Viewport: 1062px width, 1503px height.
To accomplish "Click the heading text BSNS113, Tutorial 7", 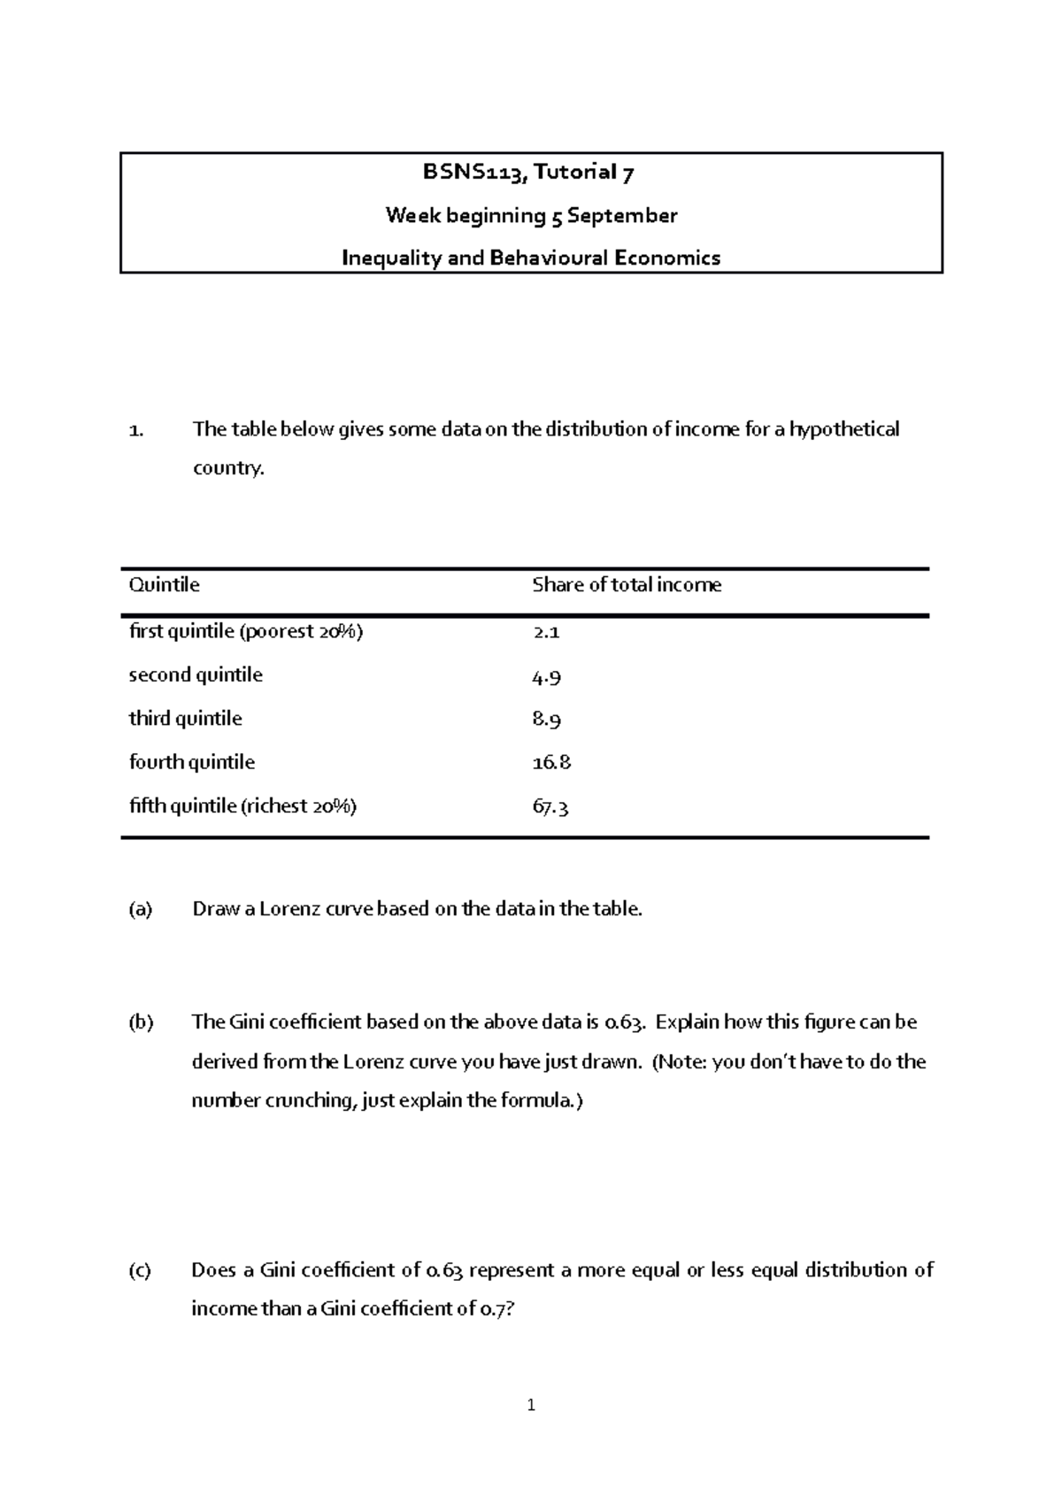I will pos(528,173).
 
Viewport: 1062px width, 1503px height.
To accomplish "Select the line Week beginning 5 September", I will pos(531,215).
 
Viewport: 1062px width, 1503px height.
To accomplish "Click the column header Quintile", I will pos(164,585).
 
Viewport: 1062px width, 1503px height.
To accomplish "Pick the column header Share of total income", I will pos(626,585).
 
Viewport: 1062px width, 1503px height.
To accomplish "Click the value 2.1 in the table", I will pos(545,632).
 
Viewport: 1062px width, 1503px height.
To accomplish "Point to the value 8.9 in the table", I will pos(546,720).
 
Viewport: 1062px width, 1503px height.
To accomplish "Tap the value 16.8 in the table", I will pos(551,763).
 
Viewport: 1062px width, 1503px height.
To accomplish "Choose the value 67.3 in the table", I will pos(550,807).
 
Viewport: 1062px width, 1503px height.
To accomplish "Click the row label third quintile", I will pos(185,719).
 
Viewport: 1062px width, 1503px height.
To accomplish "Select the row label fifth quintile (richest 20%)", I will pos(242,806).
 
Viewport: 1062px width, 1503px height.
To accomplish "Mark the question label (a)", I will pos(140,909).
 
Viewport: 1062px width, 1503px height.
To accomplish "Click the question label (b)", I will pos(140,1022).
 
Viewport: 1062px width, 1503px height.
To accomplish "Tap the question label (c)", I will pos(140,1271).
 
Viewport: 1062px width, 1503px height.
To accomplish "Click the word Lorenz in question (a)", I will pos(291,909).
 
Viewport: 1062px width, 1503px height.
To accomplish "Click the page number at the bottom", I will pos(530,1405).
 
